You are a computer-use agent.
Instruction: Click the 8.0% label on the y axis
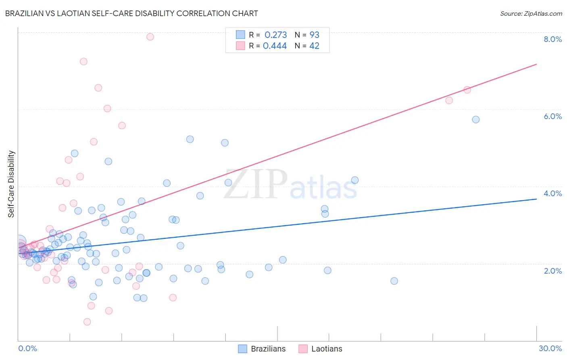pyautogui.click(x=552, y=39)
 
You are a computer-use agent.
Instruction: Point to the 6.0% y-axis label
pyautogui.click(x=552, y=116)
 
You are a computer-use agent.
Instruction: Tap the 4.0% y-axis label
pyautogui.click(x=552, y=193)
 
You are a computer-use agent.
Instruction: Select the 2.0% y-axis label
pyautogui.click(x=552, y=271)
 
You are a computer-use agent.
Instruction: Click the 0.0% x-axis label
pyautogui.click(x=27, y=348)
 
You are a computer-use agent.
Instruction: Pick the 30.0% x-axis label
pyautogui.click(x=550, y=348)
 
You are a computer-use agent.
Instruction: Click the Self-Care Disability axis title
pyautogui.click(x=11, y=184)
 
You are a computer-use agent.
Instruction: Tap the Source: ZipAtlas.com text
pyautogui.click(x=531, y=14)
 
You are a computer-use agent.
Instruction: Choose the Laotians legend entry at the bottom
pyautogui.click(x=321, y=349)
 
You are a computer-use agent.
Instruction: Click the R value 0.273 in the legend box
pyautogui.click(x=276, y=35)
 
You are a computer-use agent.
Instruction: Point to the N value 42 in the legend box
pyautogui.click(x=314, y=46)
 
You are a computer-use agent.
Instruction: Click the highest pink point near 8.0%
pyautogui.click(x=150, y=37)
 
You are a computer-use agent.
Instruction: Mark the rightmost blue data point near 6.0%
pyautogui.click(x=476, y=119)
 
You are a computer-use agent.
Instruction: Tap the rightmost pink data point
pyautogui.click(x=467, y=90)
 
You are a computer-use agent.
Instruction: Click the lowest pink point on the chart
pyautogui.click(x=87, y=322)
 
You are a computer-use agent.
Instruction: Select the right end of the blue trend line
pyautogui.click(x=536, y=199)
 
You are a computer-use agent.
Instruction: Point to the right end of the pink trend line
pyautogui.click(x=536, y=64)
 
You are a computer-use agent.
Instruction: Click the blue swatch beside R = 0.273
pyautogui.click(x=240, y=35)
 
